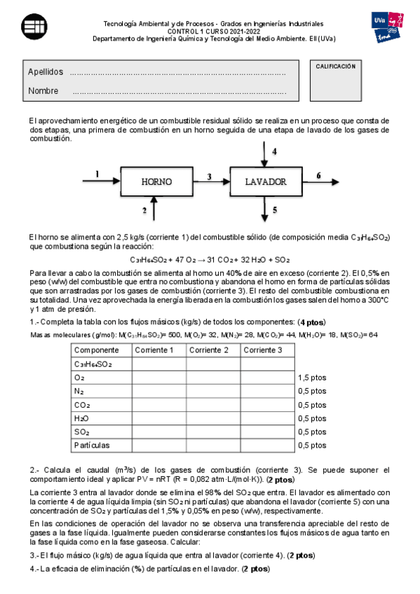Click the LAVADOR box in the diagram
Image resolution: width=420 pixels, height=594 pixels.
click(x=266, y=181)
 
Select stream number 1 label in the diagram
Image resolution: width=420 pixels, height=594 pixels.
click(x=97, y=173)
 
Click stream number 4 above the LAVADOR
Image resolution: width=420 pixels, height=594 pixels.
click(x=274, y=151)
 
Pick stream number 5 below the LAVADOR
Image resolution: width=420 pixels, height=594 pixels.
click(x=274, y=209)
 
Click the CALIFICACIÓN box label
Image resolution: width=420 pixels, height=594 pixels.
click(x=336, y=66)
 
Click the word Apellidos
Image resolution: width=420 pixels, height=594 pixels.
click(x=46, y=72)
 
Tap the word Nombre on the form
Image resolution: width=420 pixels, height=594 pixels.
click(x=43, y=91)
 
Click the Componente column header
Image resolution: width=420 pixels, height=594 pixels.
click(x=96, y=350)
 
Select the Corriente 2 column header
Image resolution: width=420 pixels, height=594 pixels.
click(x=213, y=350)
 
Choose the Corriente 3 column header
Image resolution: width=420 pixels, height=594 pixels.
click(x=268, y=350)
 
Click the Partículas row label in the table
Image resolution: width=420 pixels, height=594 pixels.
click(x=92, y=445)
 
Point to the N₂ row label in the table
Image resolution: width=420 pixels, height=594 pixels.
click(x=79, y=391)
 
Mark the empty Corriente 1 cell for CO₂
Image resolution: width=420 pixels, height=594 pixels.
click(x=158, y=404)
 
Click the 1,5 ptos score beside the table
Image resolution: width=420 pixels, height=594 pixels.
click(x=312, y=377)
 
